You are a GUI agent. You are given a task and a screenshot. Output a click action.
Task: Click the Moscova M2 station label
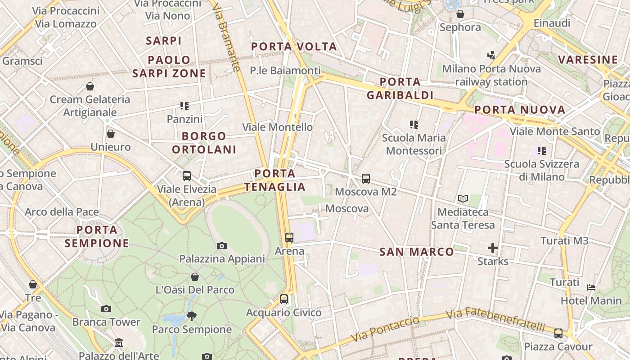point(366,192)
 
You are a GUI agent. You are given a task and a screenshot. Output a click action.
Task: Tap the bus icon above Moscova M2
point(366,179)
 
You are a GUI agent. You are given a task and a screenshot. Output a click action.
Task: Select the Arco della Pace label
point(62,211)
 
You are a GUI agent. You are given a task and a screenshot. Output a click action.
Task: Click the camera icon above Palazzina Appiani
point(221,246)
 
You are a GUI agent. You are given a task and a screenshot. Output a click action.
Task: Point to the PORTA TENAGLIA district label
point(275,180)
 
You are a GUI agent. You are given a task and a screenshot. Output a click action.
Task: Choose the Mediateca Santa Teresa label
point(463,218)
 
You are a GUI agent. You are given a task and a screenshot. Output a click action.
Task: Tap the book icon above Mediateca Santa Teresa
point(463,198)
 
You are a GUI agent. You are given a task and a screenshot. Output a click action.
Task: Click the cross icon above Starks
point(493,248)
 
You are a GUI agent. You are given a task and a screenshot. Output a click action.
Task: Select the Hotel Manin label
point(591,301)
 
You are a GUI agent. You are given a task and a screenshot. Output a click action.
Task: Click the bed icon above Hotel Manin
point(592,287)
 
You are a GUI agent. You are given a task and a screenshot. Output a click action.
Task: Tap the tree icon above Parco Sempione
point(192,316)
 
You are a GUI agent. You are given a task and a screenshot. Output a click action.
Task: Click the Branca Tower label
point(106,322)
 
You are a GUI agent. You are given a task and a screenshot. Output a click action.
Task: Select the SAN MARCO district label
point(417,252)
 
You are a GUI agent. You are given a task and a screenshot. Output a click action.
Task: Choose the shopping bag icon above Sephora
point(460,14)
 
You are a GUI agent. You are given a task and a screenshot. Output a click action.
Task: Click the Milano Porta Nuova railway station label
point(491,75)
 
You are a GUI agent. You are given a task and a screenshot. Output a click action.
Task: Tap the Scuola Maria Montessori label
point(414,144)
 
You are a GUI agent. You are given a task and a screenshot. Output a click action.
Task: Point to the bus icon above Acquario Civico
point(283,299)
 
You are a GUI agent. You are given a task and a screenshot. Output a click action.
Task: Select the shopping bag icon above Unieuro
point(110,134)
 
